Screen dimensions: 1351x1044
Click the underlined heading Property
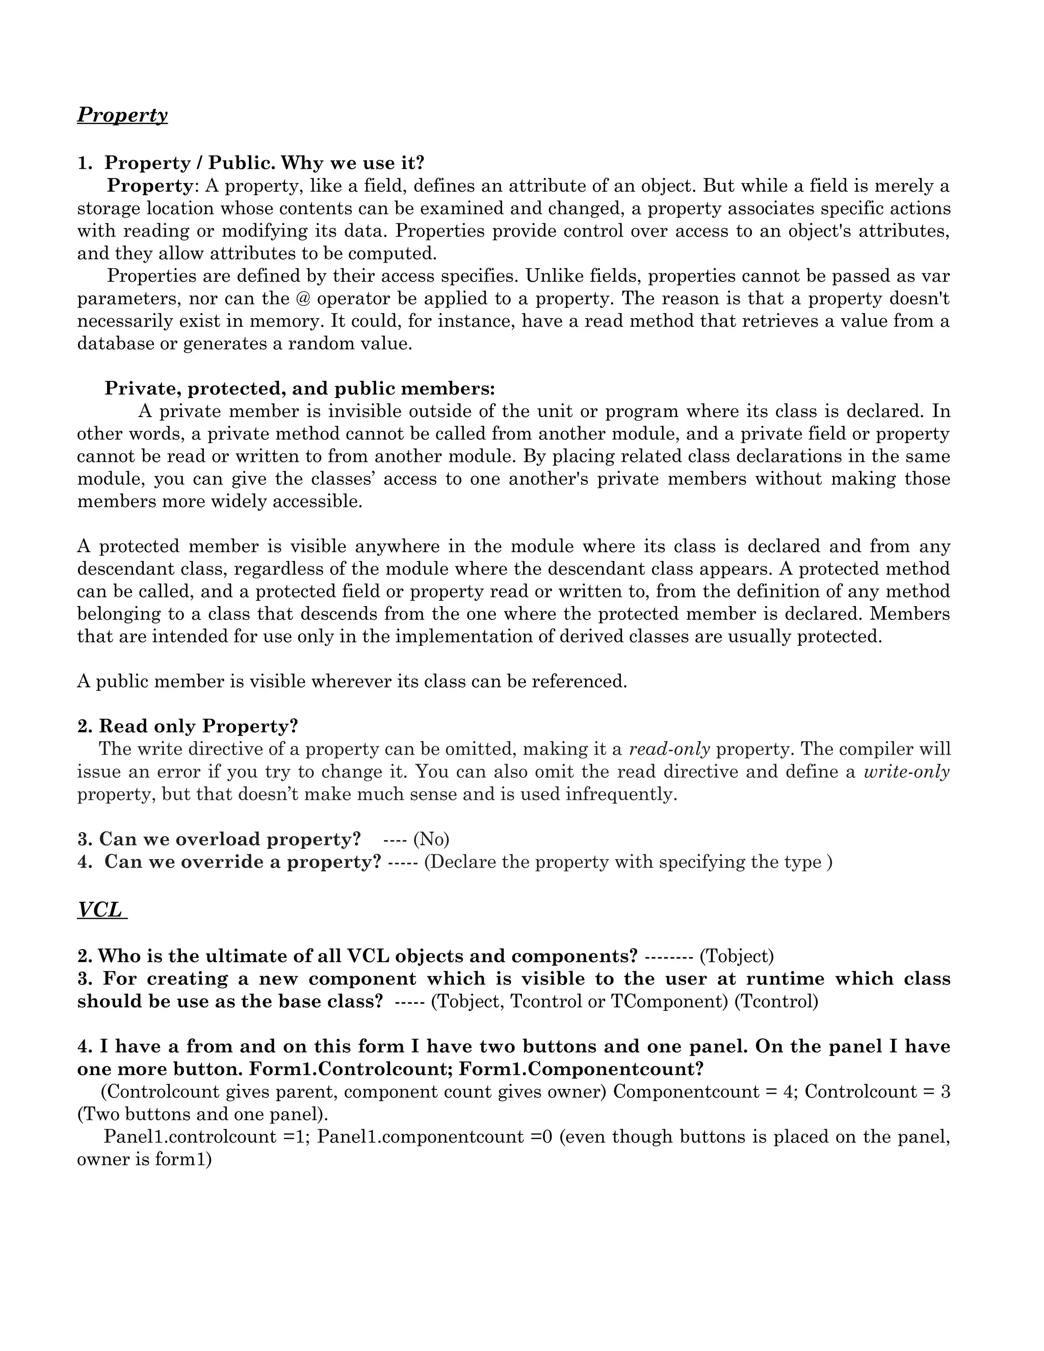[x=122, y=115]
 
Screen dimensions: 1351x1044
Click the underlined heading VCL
[x=101, y=910]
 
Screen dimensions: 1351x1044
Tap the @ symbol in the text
[x=302, y=299]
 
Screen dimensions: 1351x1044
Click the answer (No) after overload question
[x=431, y=840]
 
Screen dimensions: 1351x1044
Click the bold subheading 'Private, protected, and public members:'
[x=299, y=388]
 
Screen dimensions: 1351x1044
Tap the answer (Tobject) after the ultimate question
[x=736, y=956]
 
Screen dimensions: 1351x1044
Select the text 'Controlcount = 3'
[x=877, y=1092]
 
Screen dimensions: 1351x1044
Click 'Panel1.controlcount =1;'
[x=207, y=1137]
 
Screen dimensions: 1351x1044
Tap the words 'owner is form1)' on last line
[x=144, y=1160]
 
